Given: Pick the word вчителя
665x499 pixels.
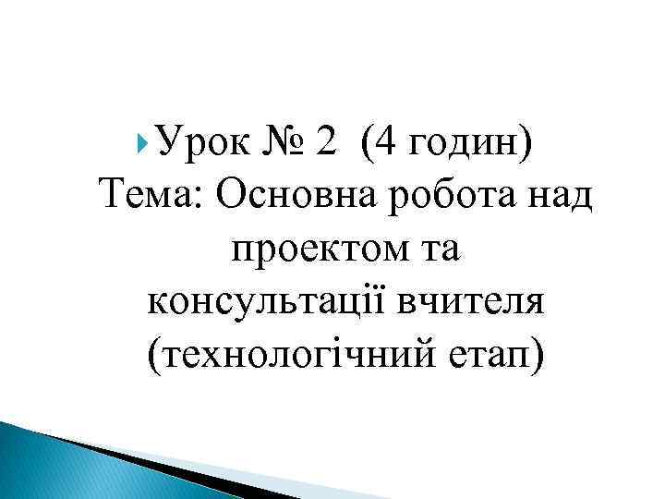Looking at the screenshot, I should pyautogui.click(x=482, y=301).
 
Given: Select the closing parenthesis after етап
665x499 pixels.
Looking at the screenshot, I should pyautogui.click(x=538, y=353).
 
